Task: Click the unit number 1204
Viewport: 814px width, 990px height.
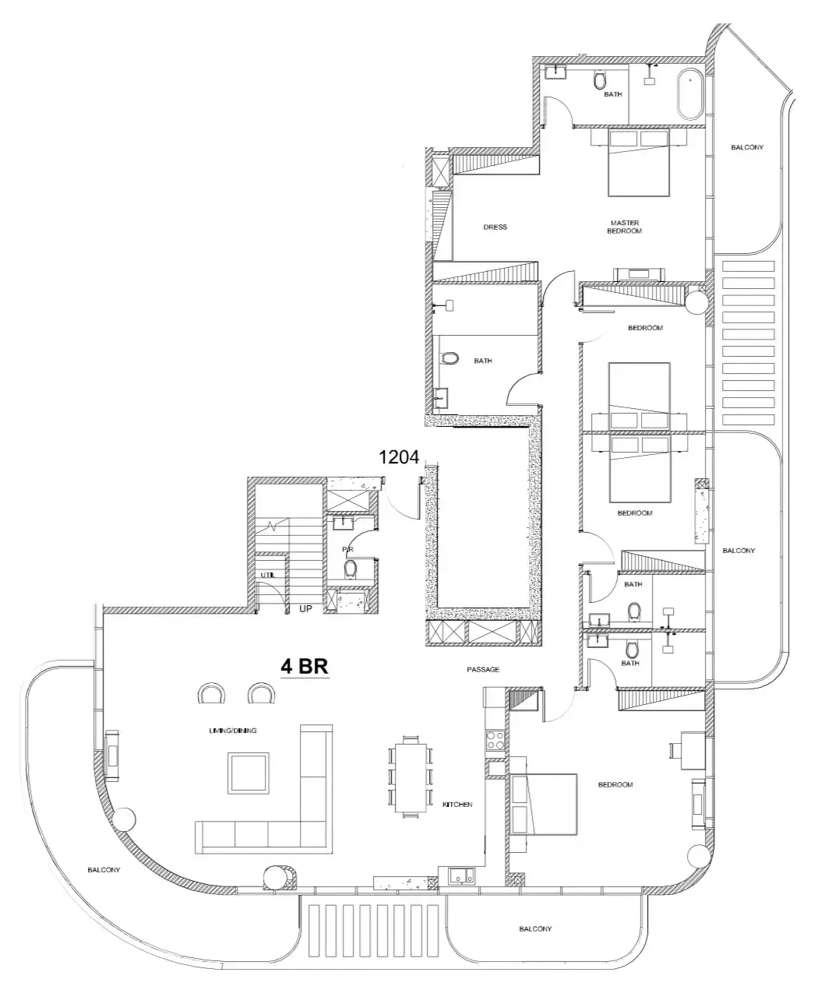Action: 399,456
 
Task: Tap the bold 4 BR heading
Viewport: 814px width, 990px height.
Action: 305,667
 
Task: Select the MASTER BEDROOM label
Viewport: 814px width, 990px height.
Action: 625,227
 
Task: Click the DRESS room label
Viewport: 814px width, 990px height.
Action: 495,227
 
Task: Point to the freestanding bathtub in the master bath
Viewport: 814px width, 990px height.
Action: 689,95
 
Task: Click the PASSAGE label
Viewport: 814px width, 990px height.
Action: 483,669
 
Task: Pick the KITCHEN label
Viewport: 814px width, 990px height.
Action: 457,805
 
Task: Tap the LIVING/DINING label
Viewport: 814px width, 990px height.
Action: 233,731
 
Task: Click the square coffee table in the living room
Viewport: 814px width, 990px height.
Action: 248,773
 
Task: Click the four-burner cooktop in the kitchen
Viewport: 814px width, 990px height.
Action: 495,740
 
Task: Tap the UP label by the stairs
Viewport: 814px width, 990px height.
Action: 305,609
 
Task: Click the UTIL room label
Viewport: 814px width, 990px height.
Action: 268,575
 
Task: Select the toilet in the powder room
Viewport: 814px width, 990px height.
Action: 351,569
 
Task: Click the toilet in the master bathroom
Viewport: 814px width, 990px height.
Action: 600,79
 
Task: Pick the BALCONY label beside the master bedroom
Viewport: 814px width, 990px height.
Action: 747,147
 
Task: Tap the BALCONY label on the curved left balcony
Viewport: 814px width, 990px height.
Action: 104,870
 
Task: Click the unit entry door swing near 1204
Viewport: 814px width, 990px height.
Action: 401,500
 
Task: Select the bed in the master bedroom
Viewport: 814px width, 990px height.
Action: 639,163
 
